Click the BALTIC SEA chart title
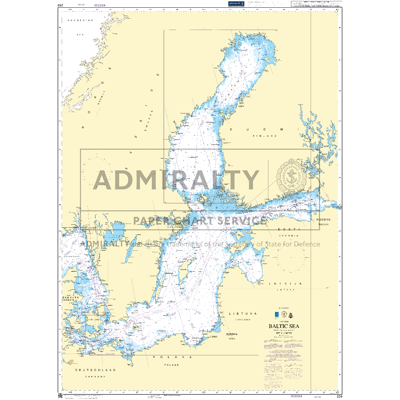[284, 326]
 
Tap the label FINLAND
[265, 136]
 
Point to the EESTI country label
[289, 230]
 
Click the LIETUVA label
[243, 314]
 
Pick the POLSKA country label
[173, 357]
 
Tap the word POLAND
[172, 365]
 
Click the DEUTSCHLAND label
[95, 370]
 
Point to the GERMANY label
[95, 377]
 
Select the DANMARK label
[70, 297]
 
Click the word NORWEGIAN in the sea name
[80, 20]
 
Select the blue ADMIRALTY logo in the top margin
[236, 4]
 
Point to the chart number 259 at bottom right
[339, 396]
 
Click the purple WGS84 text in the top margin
[100, 5]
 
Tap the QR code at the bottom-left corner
[60, 396]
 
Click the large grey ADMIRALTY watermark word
[176, 180]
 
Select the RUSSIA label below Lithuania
[232, 339]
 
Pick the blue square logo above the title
[276, 314]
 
